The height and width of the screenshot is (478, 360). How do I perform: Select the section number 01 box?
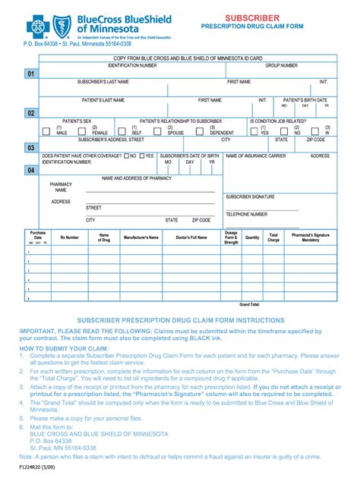[31, 74]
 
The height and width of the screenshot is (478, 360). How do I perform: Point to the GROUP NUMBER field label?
[281, 66]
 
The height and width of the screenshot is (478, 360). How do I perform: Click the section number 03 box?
[31, 148]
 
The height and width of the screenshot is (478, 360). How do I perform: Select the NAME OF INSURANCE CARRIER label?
[256, 156]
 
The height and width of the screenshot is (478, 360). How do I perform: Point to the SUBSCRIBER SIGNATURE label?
[250, 197]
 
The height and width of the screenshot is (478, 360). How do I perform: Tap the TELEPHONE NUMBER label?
[246, 214]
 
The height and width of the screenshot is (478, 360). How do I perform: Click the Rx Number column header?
[69, 237]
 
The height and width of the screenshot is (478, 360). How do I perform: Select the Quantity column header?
[252, 237]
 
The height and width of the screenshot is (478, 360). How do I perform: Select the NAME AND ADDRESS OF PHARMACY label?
[137, 178]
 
